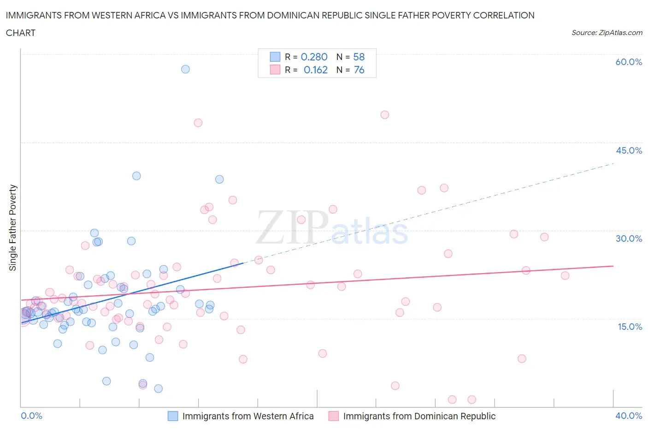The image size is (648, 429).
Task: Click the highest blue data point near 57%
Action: click(185, 69)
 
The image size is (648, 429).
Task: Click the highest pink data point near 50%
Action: click(385, 115)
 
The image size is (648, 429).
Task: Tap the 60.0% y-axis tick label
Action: click(629, 62)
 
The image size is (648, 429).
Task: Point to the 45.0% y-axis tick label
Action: click(629, 150)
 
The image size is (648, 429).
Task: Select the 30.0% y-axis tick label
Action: click(629, 238)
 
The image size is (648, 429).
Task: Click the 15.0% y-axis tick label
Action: click(629, 327)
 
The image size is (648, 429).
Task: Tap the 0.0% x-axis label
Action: click(31, 416)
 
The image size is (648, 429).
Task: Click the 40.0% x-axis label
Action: click(629, 416)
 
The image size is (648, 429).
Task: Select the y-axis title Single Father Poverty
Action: click(13, 228)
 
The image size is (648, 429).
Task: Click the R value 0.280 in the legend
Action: click(314, 57)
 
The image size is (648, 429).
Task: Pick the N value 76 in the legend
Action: click(359, 70)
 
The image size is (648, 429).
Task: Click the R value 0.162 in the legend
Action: click(315, 70)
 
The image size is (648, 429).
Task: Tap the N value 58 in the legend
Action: click(359, 57)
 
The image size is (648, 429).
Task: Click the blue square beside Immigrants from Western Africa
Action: click(173, 416)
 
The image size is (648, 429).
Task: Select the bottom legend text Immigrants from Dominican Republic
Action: click(419, 416)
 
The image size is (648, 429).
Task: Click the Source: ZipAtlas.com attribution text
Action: click(607, 33)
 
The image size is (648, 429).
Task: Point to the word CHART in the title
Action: click(21, 33)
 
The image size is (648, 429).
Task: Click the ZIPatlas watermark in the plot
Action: click(332, 227)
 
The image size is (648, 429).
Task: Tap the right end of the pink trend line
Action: click(613, 266)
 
